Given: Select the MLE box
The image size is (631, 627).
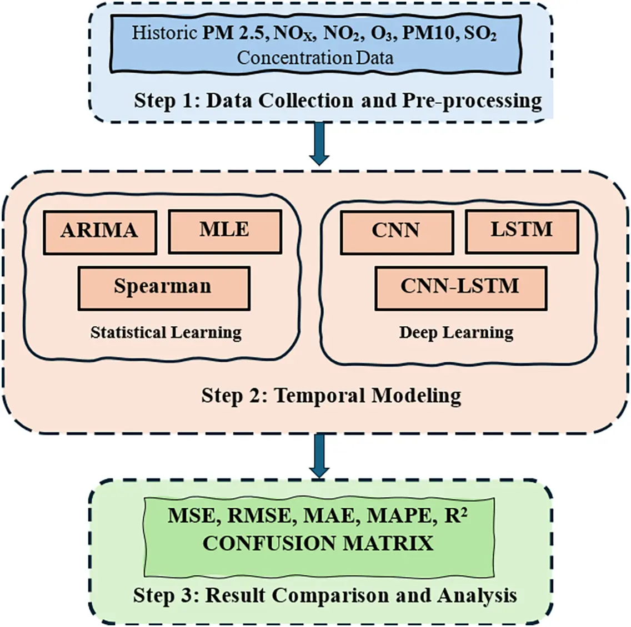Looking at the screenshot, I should coord(224,231).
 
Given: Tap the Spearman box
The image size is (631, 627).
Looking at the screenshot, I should coord(163,287).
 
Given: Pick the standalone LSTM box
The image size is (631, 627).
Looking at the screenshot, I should coord(522,231).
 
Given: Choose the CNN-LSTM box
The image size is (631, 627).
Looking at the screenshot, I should coord(460,287).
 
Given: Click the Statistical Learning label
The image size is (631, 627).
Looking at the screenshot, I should coord(166,332).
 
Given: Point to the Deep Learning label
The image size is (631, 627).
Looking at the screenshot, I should coord(456,332).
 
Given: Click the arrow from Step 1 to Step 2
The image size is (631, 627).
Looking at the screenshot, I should coord(320,143).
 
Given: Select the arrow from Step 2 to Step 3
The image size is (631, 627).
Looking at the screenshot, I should coord(319,455).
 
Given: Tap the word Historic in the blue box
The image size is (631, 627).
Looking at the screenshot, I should coord(164,33).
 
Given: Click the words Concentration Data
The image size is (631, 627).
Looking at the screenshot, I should coord(315,57).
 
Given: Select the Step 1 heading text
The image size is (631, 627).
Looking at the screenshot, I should coord(338,100).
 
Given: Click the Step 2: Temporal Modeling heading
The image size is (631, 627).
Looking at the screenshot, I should coord(331,396).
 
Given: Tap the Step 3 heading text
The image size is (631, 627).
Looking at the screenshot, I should coord(325,595).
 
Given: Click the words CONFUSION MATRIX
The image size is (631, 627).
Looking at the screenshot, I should coord(318,543).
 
